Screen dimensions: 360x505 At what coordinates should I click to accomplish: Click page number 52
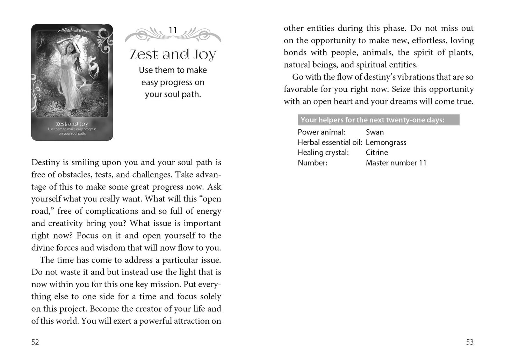click(35, 342)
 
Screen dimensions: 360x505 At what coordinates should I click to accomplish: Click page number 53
click(470, 342)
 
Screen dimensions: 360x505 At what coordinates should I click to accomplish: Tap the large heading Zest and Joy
click(173, 55)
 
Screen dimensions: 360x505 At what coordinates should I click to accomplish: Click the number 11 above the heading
click(173, 30)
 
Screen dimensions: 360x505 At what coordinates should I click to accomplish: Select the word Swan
click(375, 132)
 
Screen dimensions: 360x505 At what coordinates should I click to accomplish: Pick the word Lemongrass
click(386, 142)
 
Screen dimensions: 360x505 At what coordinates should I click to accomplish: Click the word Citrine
click(377, 153)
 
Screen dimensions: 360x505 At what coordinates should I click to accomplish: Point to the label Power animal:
click(321, 132)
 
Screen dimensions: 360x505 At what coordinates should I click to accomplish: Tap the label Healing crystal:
click(323, 153)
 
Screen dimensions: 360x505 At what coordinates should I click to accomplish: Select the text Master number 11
click(396, 163)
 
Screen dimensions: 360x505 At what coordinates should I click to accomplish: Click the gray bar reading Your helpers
click(378, 120)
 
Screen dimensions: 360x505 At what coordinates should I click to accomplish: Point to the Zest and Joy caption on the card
click(72, 124)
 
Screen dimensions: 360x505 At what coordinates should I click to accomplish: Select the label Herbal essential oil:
click(330, 142)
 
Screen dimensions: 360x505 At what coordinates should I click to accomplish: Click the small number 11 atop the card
click(72, 29)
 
